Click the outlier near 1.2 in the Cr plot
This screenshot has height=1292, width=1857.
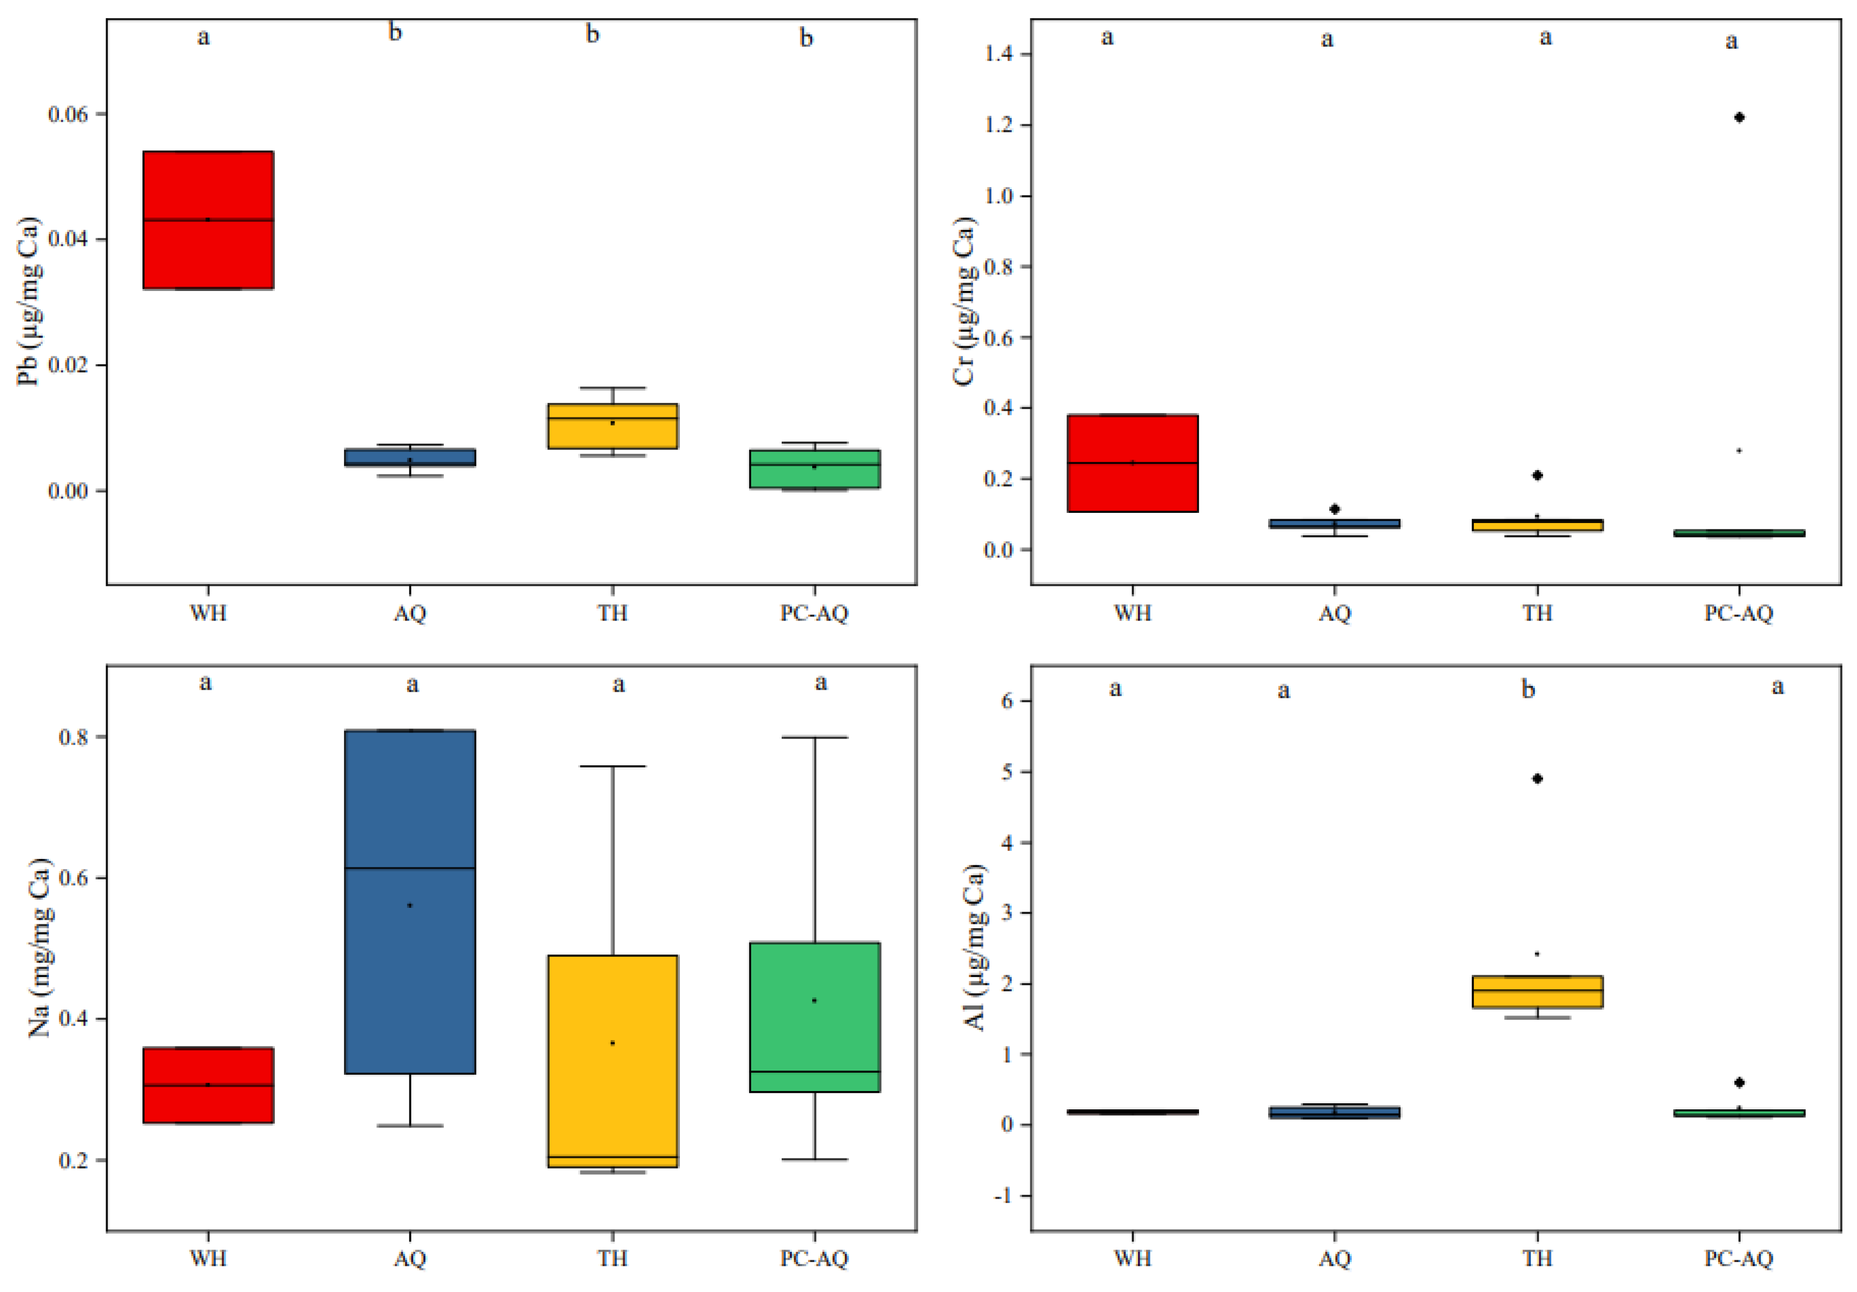[1739, 117]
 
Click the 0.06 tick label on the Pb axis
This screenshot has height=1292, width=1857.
[68, 114]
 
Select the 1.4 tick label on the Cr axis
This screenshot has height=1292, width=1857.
[998, 54]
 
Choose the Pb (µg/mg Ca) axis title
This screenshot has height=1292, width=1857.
[28, 301]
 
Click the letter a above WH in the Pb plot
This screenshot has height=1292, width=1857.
[204, 37]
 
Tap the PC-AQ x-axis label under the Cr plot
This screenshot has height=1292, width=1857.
[1739, 613]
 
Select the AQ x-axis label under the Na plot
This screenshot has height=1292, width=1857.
[410, 1259]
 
